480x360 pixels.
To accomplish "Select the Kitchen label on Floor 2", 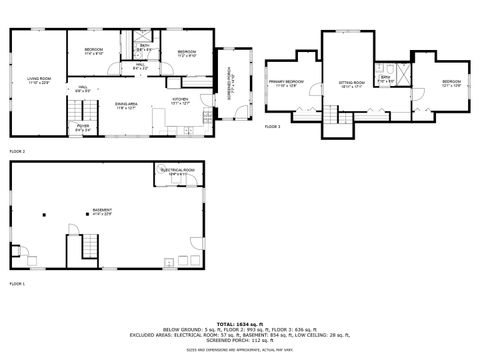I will (x=180, y=101).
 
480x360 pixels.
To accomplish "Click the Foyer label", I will (x=83, y=128).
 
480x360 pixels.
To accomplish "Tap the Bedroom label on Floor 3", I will (x=452, y=83).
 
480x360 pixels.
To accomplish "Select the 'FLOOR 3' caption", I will (x=273, y=127).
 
